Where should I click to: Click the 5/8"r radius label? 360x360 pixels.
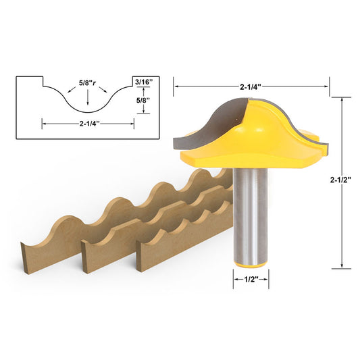[x=87, y=84]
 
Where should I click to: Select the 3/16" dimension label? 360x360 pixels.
[x=143, y=81]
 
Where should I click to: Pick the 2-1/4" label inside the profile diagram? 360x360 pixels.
[x=88, y=123]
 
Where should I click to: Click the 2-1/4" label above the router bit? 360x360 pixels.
[x=251, y=86]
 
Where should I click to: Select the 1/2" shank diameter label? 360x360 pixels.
[x=251, y=277]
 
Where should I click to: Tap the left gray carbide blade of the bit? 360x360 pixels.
[x=203, y=125]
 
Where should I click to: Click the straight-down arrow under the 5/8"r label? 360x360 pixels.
[x=87, y=100]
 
